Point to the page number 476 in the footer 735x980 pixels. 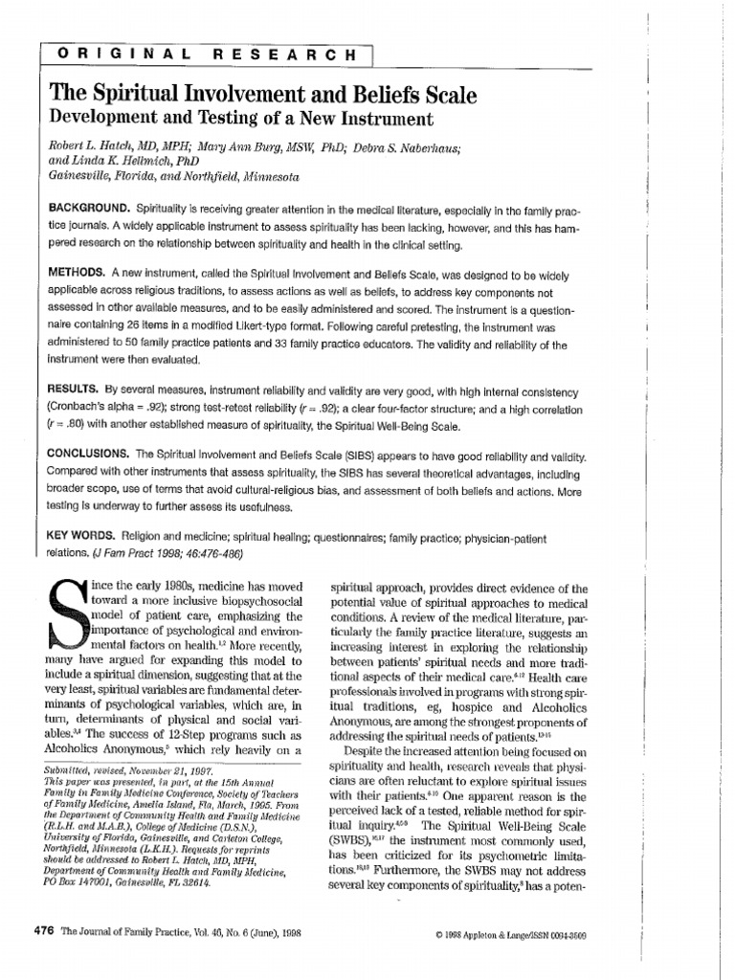click(46, 930)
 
